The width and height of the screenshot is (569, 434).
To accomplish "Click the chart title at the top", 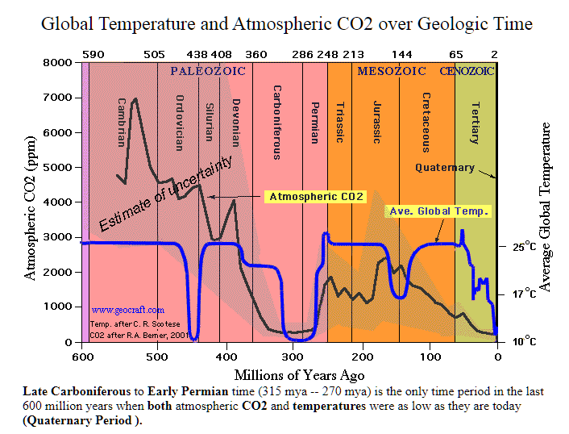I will (286, 24).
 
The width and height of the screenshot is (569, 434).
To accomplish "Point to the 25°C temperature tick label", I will (524, 246).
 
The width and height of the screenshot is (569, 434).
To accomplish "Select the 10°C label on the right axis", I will (524, 341).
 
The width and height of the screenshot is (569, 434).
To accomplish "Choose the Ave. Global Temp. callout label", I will (440, 211).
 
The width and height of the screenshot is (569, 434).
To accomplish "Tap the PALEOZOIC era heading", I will (206, 71).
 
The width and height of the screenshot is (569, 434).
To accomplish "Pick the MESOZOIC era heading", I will (392, 71).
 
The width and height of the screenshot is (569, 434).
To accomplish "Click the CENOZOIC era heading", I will (467, 71).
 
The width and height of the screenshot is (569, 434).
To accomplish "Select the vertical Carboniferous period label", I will (276, 122).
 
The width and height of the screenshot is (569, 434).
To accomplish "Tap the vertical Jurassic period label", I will (376, 122).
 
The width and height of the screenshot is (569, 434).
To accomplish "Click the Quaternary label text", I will (445, 168).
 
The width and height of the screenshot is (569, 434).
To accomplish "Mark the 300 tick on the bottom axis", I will (289, 356).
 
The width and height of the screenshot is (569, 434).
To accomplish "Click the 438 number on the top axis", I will (197, 54).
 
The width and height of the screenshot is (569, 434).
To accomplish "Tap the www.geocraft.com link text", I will (128, 309).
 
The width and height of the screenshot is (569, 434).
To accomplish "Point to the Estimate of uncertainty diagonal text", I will (165, 194).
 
